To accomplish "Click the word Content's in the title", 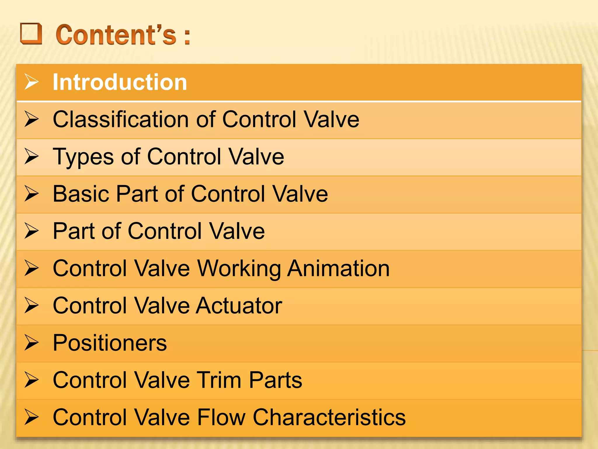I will [x=116, y=35].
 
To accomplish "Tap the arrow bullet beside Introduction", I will [x=32, y=82].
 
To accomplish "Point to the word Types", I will [x=83, y=157].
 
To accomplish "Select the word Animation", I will [x=338, y=268].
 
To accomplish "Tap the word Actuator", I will [x=239, y=305].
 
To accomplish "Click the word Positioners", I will [x=110, y=343].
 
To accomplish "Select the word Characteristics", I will [x=329, y=417].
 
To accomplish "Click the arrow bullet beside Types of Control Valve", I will [x=32, y=156].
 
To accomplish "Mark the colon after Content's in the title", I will [x=187, y=37].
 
